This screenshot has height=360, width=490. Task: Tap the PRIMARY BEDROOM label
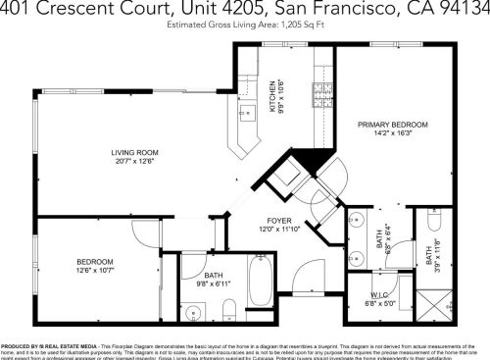[x=392, y=125]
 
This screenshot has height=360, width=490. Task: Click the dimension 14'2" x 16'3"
[x=392, y=133]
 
